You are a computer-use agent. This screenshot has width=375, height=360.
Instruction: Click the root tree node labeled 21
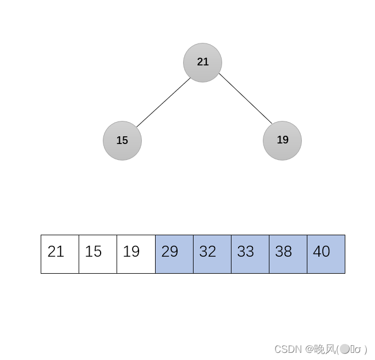202,63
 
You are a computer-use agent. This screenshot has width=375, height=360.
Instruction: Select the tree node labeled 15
122,141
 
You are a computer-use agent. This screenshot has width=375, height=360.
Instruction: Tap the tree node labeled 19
282,141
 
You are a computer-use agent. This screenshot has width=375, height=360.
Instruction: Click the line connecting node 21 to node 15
163,102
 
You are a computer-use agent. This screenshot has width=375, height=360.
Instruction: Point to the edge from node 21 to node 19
245,98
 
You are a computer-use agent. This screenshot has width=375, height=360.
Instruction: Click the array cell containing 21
60,254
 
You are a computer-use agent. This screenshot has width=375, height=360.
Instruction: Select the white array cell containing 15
98,254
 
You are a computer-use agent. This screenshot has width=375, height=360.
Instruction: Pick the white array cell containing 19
136,254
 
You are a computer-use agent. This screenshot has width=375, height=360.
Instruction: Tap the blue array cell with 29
174,254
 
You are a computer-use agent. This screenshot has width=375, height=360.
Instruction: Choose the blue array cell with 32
212,254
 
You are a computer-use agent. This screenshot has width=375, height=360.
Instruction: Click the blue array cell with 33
250,254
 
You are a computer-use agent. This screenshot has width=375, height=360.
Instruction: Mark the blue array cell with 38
288,254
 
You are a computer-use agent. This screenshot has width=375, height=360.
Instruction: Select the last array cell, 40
326,254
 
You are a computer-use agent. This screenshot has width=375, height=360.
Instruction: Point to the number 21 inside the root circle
203,62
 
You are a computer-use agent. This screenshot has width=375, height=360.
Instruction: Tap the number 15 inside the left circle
122,141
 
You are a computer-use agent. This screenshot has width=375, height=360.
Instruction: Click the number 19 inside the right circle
283,140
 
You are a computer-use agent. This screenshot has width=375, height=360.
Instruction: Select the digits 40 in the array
322,252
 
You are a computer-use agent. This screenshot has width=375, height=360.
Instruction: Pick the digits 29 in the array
170,252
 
